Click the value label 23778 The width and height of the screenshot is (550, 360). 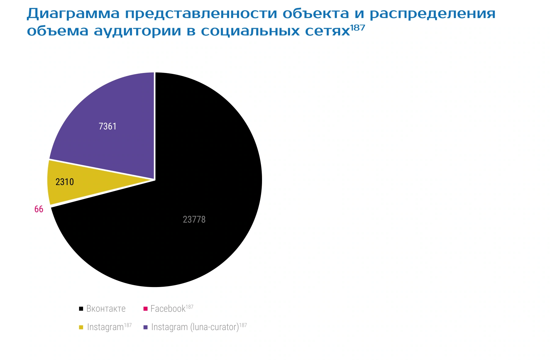click(x=194, y=220)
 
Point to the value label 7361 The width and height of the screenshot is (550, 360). click(x=107, y=126)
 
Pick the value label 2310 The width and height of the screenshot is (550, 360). click(x=65, y=182)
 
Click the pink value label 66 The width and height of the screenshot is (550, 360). click(x=39, y=209)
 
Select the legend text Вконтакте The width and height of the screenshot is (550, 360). click(x=106, y=309)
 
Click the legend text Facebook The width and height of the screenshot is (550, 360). click(x=168, y=309)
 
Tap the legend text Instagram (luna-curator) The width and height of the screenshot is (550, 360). click(x=195, y=327)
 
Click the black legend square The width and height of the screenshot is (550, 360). click(x=81, y=309)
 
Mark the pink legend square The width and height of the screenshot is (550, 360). click(x=145, y=309)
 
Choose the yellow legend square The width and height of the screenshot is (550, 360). click(x=81, y=327)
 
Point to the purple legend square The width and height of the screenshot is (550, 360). click(x=145, y=327)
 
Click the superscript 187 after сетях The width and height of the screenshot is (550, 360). click(x=358, y=28)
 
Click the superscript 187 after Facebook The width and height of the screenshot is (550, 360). click(x=190, y=307)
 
